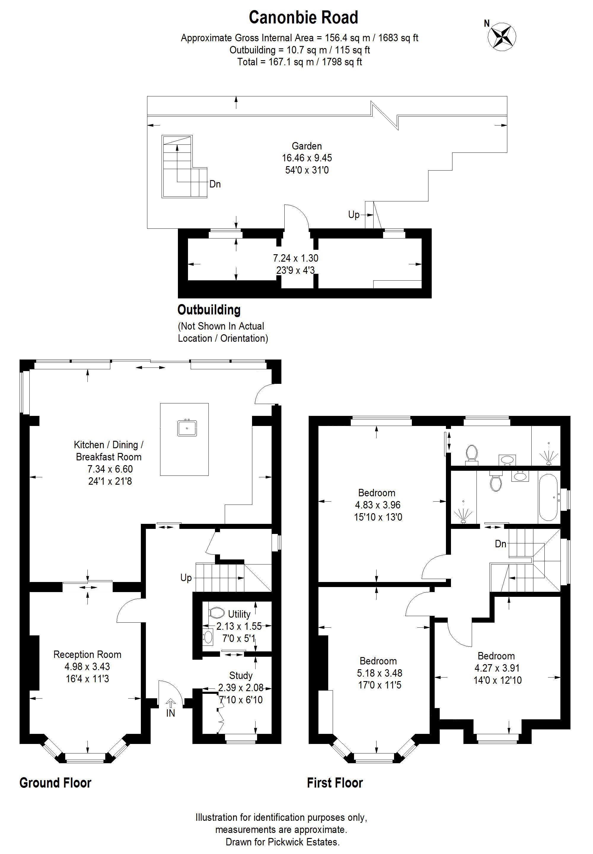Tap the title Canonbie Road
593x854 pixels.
pos(303,18)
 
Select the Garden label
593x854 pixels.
pos(307,146)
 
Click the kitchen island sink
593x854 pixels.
pos(187,427)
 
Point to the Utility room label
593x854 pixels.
pos(239,614)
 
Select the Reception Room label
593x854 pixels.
pos(87,654)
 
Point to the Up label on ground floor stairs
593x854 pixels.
pos(186,578)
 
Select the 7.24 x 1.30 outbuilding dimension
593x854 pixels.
pos(295,258)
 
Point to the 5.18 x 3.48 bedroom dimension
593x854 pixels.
pos(379,673)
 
